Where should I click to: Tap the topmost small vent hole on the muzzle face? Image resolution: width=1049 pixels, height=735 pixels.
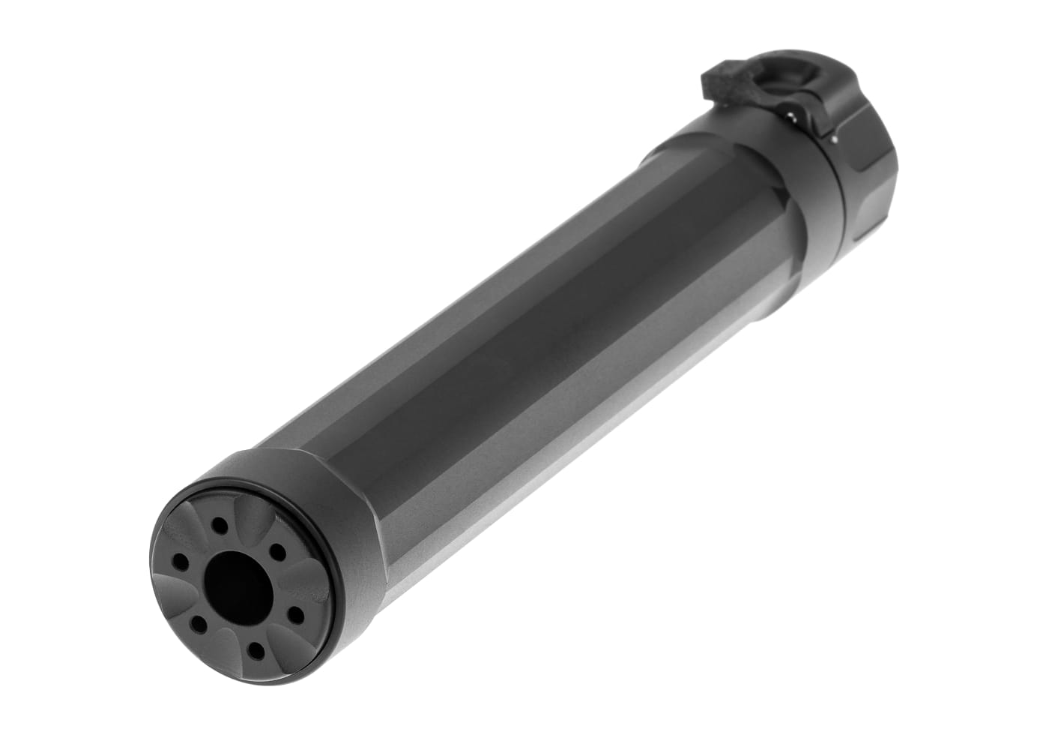pos(218,525)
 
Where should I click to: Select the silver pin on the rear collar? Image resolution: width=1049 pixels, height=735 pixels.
pos(834,139)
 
